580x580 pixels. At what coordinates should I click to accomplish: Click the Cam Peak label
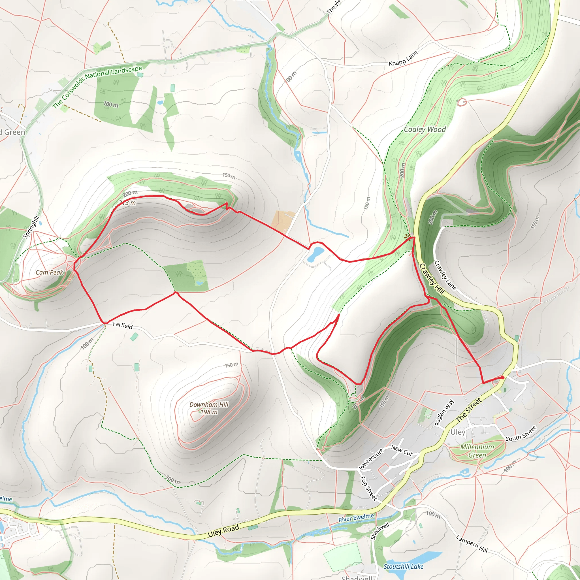[x=50, y=272]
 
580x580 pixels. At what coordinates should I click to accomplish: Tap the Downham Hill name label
[x=209, y=404]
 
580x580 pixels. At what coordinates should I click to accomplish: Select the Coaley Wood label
[x=425, y=129]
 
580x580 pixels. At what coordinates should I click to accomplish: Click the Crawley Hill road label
[x=431, y=279]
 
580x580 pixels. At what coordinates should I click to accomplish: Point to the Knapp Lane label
[x=403, y=59]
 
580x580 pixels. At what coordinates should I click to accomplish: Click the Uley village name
[x=458, y=432]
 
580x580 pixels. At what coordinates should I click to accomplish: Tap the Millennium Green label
[x=477, y=451]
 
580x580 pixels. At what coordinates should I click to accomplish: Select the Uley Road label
[x=223, y=531]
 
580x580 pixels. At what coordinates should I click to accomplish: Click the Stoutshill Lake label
[x=403, y=566]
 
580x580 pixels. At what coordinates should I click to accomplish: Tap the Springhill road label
[x=31, y=227]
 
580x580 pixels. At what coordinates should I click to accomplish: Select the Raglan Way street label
[x=444, y=412]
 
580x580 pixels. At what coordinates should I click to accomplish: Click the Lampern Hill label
[x=472, y=543]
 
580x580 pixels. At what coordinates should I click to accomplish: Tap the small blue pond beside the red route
[x=316, y=254]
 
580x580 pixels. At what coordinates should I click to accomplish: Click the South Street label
[x=521, y=434]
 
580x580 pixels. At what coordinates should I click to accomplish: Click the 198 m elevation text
[x=209, y=412]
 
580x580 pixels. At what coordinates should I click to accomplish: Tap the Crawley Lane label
[x=445, y=276]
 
